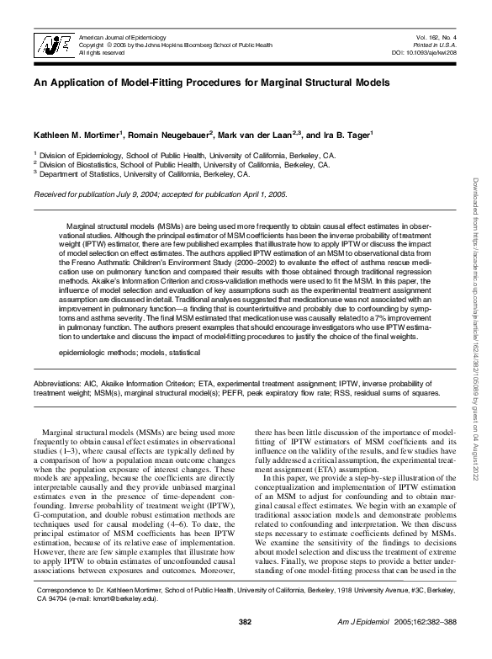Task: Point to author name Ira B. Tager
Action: coord(348,135)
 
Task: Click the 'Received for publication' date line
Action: coord(160,194)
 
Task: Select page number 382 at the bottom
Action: coord(246,646)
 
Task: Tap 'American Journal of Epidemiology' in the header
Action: coord(122,38)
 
